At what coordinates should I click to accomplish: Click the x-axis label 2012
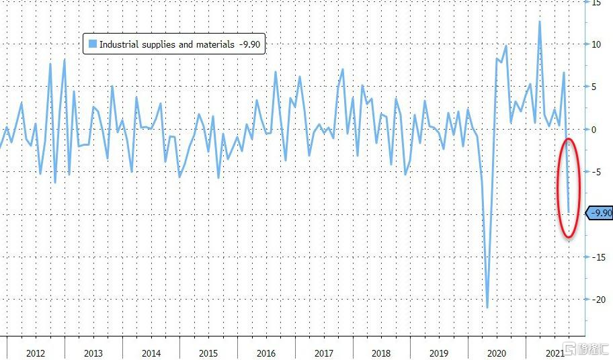click(36, 353)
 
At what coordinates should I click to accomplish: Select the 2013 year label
click(93, 353)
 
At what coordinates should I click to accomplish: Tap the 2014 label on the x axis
click(151, 353)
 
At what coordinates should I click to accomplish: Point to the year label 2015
click(208, 353)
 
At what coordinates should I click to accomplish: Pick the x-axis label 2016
click(266, 353)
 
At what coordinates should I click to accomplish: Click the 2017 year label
click(324, 353)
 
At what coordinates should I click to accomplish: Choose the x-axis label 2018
click(381, 353)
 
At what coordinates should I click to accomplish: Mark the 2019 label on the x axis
click(439, 353)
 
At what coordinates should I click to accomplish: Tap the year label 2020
click(497, 353)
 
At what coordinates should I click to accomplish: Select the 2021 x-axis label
click(554, 353)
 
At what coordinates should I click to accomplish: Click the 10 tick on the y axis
click(596, 44)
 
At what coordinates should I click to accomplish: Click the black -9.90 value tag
click(600, 214)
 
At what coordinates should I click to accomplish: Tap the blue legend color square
click(92, 44)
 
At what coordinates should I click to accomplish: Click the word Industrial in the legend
click(120, 44)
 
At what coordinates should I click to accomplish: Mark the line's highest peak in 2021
click(539, 21)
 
